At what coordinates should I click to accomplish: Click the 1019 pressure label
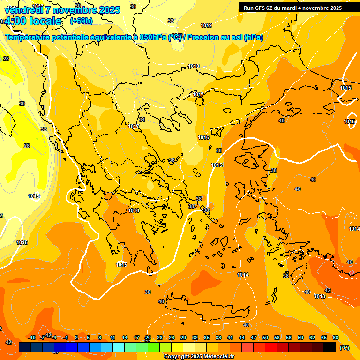[206, 25]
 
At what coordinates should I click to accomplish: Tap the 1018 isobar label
[194, 67]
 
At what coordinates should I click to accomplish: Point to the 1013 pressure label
[320, 296]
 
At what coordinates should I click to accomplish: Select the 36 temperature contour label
[172, 160]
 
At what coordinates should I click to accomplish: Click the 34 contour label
[142, 120]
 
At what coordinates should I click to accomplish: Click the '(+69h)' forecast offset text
[81, 21]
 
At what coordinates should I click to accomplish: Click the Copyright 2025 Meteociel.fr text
[199, 357]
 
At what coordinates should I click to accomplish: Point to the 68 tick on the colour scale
[336, 337]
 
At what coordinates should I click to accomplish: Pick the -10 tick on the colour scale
[32, 337]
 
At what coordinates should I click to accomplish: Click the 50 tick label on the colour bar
[265, 337]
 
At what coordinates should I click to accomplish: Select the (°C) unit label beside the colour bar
[344, 347]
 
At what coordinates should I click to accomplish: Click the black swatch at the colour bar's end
[330, 347]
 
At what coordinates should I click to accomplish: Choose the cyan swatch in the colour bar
[119, 347]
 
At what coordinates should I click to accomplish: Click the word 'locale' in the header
[45, 21]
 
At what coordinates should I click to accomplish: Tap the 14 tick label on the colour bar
[125, 337]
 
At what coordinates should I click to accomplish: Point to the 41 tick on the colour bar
[230, 337]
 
